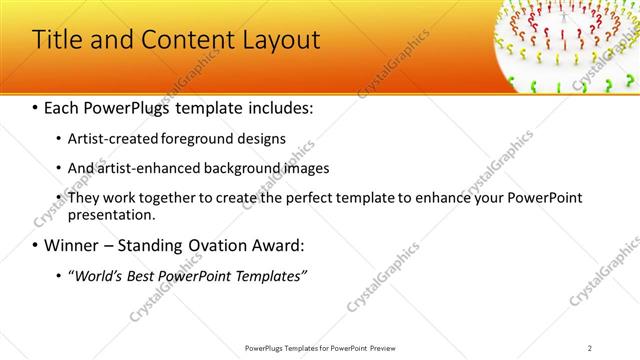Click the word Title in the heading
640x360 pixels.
coord(59,40)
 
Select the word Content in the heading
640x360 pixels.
coord(178,40)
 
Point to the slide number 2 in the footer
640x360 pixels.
coord(590,347)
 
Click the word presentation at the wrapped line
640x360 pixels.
coord(111,214)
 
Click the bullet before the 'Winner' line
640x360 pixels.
coord(36,245)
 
